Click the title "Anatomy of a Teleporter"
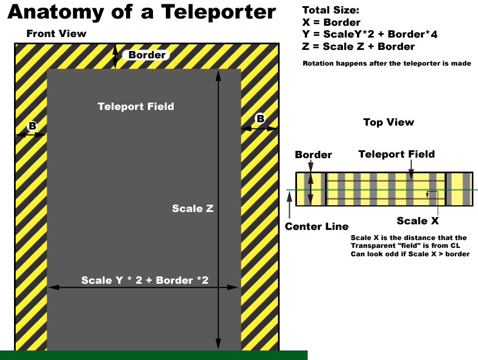[142, 12]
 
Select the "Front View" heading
[57, 34]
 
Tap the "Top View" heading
[388, 122]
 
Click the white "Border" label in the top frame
[147, 55]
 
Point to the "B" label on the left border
[33, 126]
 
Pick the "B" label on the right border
[260, 118]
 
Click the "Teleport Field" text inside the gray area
[136, 107]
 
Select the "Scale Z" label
[193, 208]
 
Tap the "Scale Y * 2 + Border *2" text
[145, 280]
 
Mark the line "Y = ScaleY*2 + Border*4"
[369, 34]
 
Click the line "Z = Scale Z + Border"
[358, 47]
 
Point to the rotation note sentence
[387, 63]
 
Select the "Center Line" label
[317, 227]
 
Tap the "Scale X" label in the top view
[417, 221]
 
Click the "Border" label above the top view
[313, 155]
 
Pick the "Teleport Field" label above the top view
[396, 154]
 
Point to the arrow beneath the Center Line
[289, 207]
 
